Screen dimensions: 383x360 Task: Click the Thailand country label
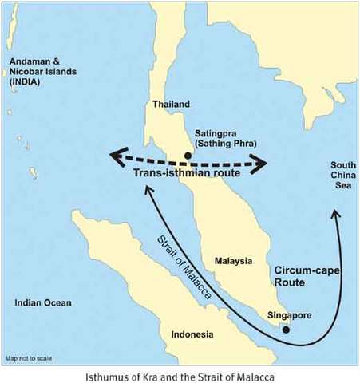[172, 104]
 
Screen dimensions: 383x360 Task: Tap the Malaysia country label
[234, 261]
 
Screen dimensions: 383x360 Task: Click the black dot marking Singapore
[287, 329]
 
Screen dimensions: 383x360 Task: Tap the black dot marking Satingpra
[188, 155]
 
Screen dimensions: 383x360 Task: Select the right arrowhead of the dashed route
[261, 165]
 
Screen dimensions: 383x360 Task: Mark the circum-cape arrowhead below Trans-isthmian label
[148, 191]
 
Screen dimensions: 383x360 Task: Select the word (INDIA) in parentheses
[26, 82]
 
